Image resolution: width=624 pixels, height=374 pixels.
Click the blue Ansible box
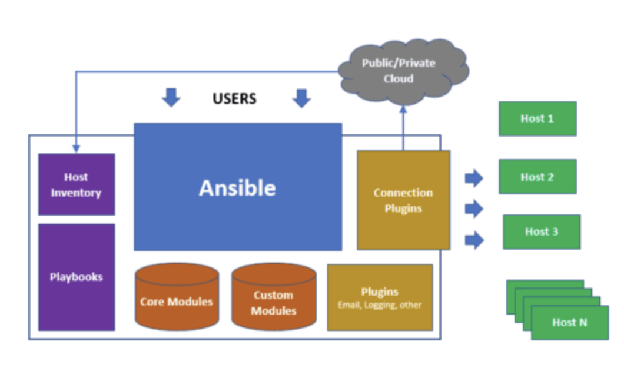tap(238, 187)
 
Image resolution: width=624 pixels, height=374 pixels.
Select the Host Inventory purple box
tap(77, 184)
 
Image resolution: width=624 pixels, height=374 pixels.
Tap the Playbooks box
tap(77, 277)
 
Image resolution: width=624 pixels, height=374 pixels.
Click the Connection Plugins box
tap(403, 200)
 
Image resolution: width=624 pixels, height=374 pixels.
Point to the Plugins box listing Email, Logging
tap(380, 297)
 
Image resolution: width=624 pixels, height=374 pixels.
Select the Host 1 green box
tap(537, 118)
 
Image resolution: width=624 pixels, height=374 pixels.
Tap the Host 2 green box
tap(537, 177)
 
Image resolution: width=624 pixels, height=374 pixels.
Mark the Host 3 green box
tap(541, 231)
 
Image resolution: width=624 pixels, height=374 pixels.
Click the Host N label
tap(569, 322)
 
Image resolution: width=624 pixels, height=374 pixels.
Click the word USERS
tap(234, 99)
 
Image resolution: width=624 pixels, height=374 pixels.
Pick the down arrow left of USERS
tap(171, 98)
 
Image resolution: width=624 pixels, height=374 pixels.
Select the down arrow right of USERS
tap(301, 98)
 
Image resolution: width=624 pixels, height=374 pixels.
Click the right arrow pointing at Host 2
tap(473, 178)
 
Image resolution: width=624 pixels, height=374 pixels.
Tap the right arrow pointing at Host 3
tap(473, 240)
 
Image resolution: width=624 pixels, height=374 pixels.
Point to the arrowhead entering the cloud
tap(403, 110)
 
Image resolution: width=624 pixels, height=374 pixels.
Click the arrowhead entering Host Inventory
tap(76, 149)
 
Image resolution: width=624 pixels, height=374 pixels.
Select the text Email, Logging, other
tap(380, 305)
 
